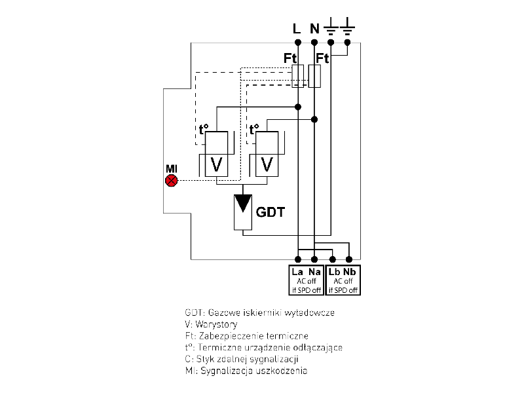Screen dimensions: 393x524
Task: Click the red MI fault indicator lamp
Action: [172, 180]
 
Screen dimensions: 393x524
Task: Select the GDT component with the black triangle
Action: [244, 211]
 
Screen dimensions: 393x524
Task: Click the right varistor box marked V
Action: [266, 164]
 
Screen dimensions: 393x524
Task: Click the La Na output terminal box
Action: [306, 280]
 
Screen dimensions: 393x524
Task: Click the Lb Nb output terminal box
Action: [343, 280]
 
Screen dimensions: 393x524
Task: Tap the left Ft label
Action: [291, 58]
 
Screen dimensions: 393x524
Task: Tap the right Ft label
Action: [322, 58]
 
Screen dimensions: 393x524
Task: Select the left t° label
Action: [203, 130]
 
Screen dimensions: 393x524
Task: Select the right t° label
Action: [254, 130]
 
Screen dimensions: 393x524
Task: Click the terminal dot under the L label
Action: [298, 43]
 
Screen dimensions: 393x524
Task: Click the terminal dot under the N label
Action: [315, 43]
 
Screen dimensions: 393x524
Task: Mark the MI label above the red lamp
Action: [172, 169]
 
